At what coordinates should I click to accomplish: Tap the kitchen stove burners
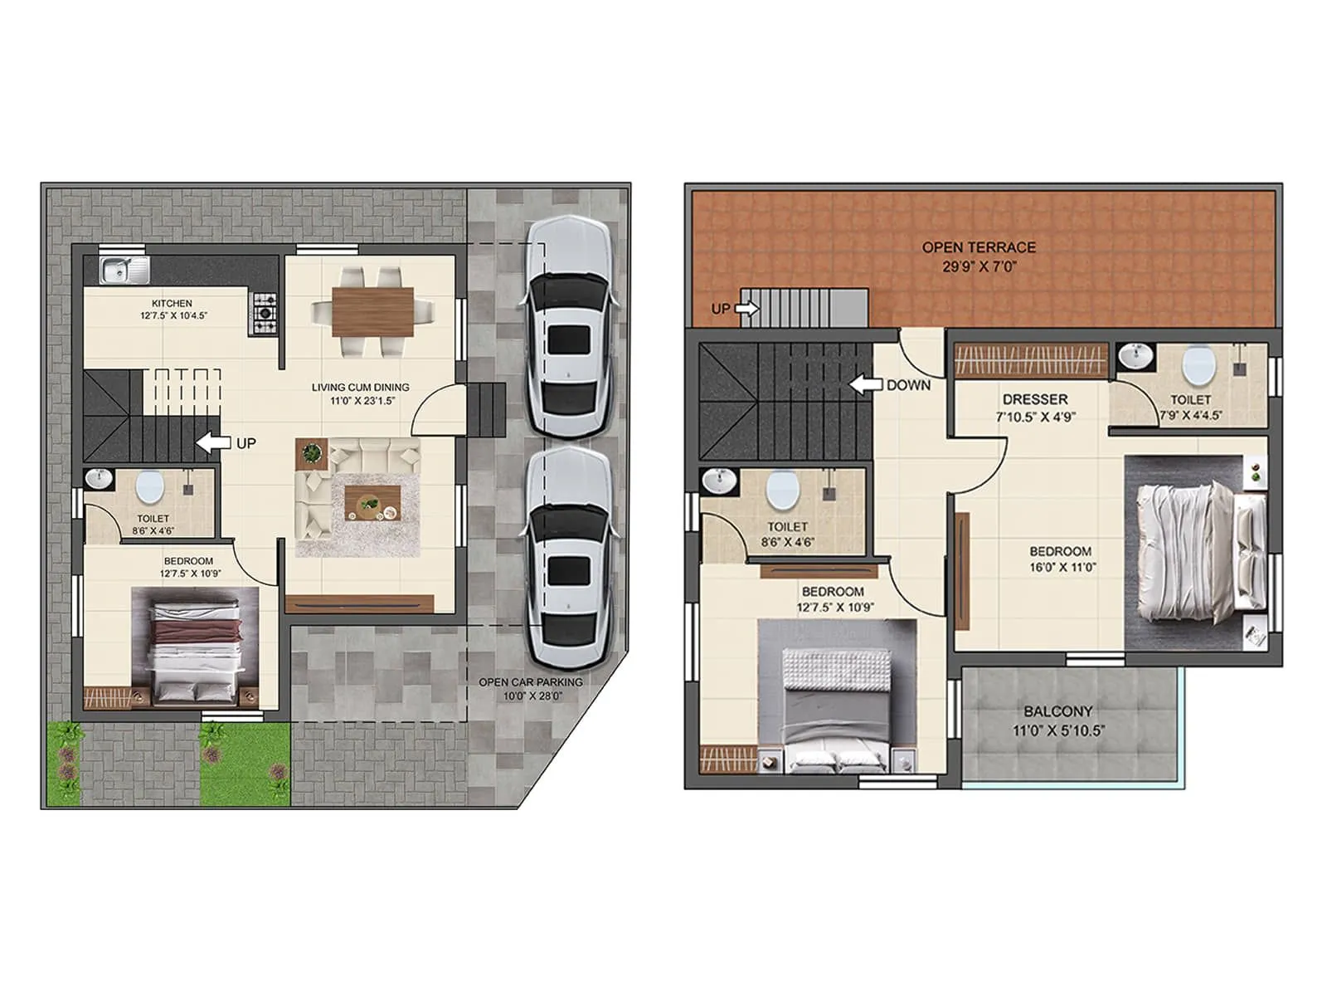coord(265,313)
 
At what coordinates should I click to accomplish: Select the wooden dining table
coord(372,311)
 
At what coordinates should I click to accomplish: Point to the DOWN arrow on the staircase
coord(865,384)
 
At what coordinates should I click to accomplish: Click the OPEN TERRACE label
coord(979,247)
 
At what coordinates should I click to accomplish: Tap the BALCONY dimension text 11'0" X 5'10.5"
coord(1058,731)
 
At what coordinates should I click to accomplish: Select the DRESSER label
coord(1035,399)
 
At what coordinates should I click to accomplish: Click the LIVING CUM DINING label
coord(360,387)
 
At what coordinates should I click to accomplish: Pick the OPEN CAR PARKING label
coord(531,682)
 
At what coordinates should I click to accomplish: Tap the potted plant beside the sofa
coord(312,453)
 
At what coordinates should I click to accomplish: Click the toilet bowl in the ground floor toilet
coord(149,487)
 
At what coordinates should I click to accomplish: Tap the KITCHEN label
coord(172,303)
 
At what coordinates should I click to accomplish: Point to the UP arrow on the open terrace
coord(746,309)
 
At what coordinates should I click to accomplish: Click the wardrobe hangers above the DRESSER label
coord(1031,361)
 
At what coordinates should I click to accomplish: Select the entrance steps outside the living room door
coord(487,409)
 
